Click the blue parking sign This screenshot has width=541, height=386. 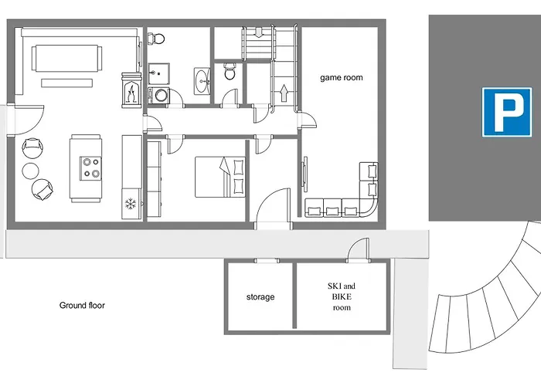(506, 113)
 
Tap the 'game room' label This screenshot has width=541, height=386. (342, 77)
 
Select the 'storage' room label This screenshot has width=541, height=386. (260, 296)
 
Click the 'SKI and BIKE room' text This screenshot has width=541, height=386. (342, 296)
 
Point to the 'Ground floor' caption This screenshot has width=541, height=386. (82, 305)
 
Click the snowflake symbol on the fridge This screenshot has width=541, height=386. (131, 204)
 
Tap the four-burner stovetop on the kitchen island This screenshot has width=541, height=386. (90, 168)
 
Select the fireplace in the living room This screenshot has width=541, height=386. (131, 90)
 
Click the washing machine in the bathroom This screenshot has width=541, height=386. (159, 96)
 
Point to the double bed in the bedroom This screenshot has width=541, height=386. (220, 177)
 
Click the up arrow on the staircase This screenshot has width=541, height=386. (284, 93)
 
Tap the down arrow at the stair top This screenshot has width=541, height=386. (258, 32)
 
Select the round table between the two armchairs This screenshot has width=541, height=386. (31, 171)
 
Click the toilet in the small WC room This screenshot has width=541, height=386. (230, 71)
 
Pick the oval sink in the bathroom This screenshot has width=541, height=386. (202, 81)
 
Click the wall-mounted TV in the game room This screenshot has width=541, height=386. (305, 174)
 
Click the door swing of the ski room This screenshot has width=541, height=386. (358, 249)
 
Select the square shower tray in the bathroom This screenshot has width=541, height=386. (158, 73)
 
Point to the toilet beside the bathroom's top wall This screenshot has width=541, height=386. (156, 39)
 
